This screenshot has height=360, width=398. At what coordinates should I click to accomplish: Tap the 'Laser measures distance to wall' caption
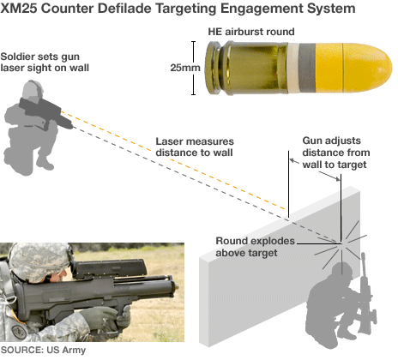pyautogui.click(x=195, y=147)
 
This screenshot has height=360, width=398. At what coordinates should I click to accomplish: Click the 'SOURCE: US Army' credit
pyautogui.click(x=44, y=350)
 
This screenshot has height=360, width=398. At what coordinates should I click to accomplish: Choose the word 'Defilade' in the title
pyautogui.click(x=136, y=9)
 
